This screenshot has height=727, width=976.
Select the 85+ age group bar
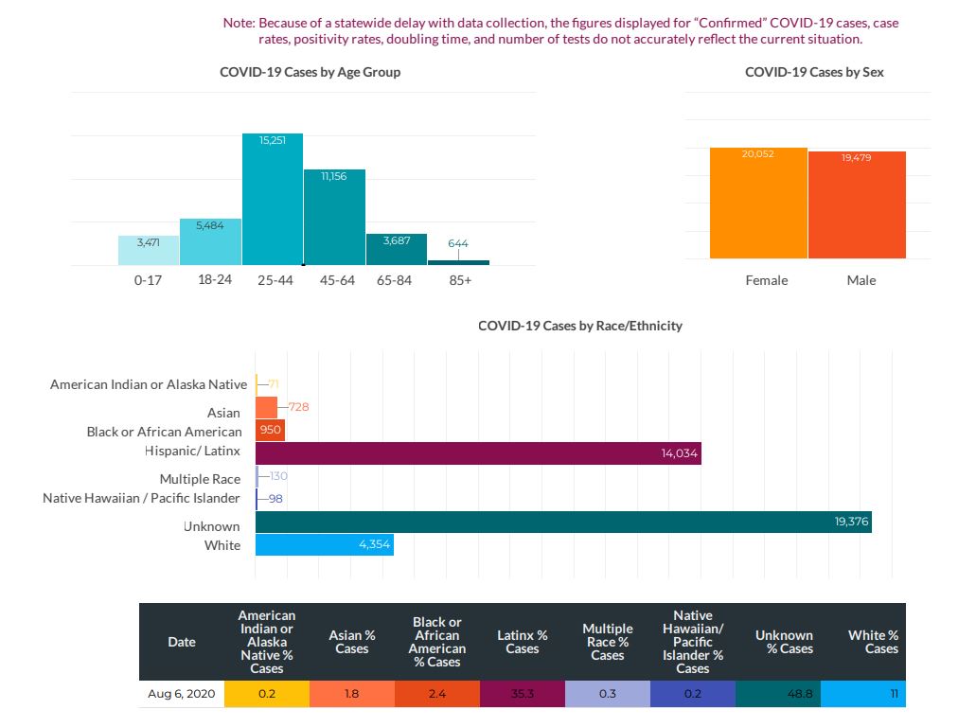(458, 262)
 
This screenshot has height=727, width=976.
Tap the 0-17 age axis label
(149, 280)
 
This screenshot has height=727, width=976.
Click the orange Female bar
(758, 204)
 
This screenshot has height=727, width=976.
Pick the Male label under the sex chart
(861, 280)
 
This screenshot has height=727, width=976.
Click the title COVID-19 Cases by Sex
(814, 72)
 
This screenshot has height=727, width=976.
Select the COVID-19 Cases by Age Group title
(310, 72)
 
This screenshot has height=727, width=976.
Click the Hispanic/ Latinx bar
(478, 453)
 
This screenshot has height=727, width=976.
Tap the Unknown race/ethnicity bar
(563, 522)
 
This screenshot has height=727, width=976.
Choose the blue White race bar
(325, 545)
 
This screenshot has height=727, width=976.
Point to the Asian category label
(223, 413)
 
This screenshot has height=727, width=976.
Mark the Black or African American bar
(270, 430)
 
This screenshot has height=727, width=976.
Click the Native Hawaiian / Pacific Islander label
(141, 498)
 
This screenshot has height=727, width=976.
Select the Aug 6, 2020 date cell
(182, 694)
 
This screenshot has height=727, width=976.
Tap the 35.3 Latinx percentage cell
(522, 694)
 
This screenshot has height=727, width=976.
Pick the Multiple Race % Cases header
(607, 642)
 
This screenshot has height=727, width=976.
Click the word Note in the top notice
(238, 22)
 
